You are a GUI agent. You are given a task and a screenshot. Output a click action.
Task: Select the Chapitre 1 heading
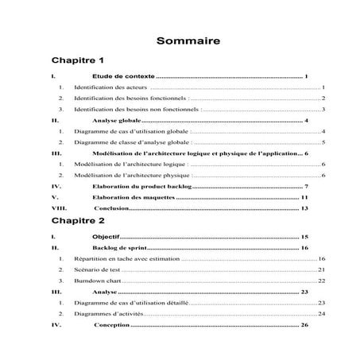(78, 60)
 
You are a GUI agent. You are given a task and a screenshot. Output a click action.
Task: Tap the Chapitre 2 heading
(78, 220)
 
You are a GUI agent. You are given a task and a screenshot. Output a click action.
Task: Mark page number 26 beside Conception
(305, 325)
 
